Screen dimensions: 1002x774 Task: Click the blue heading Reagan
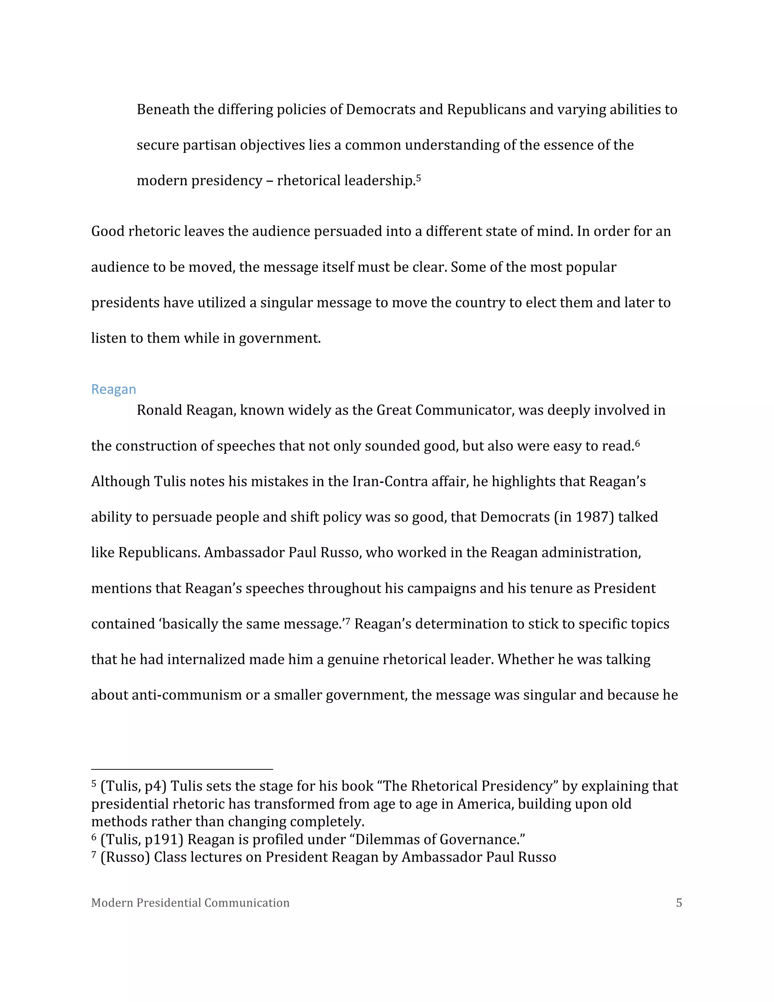click(113, 389)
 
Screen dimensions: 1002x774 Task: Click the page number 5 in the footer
click(679, 903)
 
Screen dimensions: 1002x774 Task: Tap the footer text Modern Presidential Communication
click(190, 903)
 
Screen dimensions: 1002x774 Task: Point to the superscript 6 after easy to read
click(637, 443)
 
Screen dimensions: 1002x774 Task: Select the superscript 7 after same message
click(348, 621)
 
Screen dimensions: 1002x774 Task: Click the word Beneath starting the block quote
click(163, 110)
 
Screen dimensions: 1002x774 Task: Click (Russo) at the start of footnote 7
click(125, 858)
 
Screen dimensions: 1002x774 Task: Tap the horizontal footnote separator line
click(182, 769)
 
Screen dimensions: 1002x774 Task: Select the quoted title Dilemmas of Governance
click(440, 839)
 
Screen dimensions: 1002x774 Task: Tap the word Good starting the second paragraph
click(108, 231)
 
